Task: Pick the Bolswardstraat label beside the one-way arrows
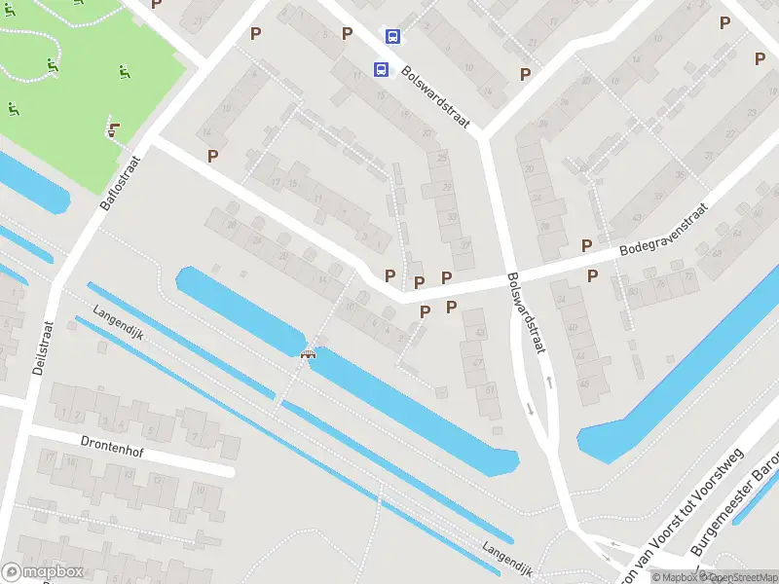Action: pos(525,310)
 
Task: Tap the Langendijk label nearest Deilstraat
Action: pos(119,325)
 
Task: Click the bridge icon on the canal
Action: pos(309,354)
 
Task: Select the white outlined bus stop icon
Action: pos(392,38)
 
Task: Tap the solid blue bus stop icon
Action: pos(381,70)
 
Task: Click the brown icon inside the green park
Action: pos(114,128)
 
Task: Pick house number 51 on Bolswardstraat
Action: pos(488,391)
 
